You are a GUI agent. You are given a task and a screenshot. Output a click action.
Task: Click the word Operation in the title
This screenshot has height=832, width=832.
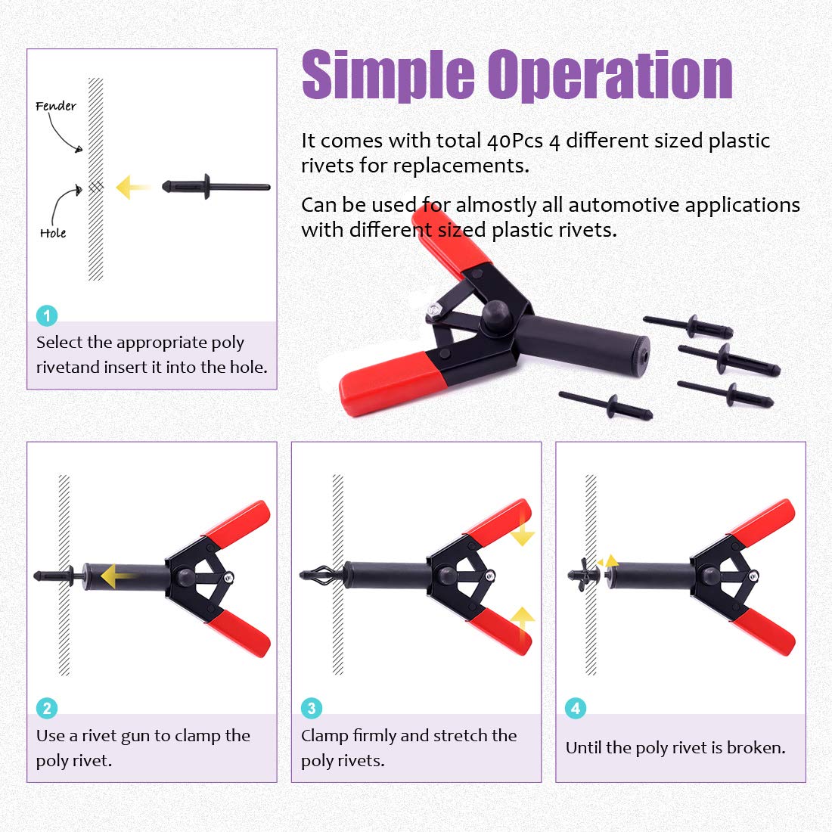(610, 76)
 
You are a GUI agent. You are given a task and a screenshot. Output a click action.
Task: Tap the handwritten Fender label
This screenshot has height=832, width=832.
(56, 106)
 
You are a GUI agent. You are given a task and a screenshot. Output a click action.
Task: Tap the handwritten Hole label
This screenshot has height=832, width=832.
(53, 233)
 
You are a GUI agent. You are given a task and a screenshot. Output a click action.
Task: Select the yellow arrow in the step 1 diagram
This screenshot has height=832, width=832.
(132, 187)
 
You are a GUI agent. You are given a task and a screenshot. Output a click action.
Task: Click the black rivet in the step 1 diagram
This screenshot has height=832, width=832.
(216, 186)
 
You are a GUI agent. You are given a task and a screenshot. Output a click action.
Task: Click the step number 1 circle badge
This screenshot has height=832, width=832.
(47, 315)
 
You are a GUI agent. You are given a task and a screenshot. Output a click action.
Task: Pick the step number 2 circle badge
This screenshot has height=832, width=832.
(47, 708)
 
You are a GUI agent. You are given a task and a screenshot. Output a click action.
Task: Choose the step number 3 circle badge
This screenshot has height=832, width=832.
(312, 708)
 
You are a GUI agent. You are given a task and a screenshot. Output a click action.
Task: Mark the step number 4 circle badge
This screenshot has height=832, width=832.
(576, 708)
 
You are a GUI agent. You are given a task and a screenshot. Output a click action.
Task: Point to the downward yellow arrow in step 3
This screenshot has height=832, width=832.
(522, 532)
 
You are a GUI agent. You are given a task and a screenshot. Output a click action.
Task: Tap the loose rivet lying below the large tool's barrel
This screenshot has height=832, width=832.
(605, 405)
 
